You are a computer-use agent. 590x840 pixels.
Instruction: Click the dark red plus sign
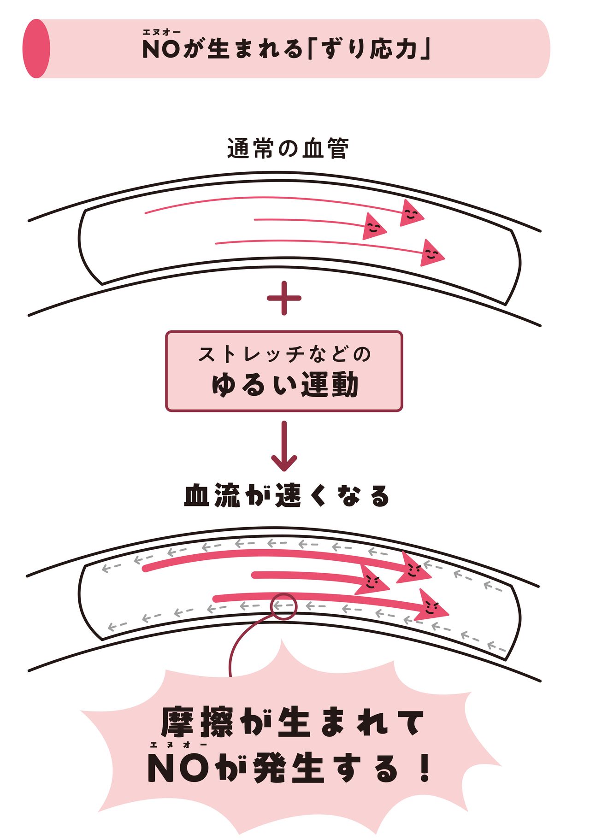[284, 298]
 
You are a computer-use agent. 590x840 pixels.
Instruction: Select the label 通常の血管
[288, 149]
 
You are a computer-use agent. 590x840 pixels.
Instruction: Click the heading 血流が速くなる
[287, 496]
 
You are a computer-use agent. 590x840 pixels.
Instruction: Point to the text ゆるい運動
[284, 385]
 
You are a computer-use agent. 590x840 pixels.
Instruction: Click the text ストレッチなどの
[284, 354]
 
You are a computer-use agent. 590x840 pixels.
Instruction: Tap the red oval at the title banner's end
[36, 48]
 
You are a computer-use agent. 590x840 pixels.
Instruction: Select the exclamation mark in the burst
[425, 768]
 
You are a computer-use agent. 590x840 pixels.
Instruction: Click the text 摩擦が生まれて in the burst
[292, 723]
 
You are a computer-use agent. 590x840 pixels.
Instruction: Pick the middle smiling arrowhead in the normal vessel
[373, 227]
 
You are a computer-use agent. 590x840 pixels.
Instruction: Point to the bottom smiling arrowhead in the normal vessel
[431, 253]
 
